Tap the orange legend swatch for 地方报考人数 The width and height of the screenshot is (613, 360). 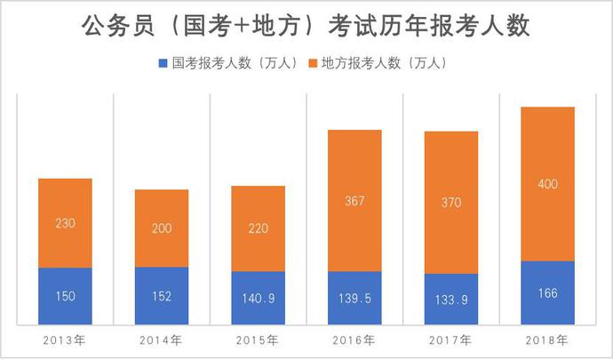coord(312,64)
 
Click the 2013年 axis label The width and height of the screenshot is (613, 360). coord(64,340)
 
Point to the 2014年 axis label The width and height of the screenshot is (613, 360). coord(161,340)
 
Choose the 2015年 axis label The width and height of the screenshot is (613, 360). coord(258,340)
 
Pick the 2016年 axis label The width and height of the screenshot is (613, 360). coord(354,340)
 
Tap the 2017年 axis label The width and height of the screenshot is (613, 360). coord(450,340)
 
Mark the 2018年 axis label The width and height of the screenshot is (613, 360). coord(547,340)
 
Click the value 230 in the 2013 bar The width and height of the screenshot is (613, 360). coord(65,223)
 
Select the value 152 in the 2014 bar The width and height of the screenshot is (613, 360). coord(162,297)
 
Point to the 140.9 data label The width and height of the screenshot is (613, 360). coord(258,299)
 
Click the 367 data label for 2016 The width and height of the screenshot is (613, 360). coord(354,201)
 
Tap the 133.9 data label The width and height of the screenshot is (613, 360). coord(451,300)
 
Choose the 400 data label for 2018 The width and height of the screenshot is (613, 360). coord(548,185)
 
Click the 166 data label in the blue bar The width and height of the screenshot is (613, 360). coord(548,293)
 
